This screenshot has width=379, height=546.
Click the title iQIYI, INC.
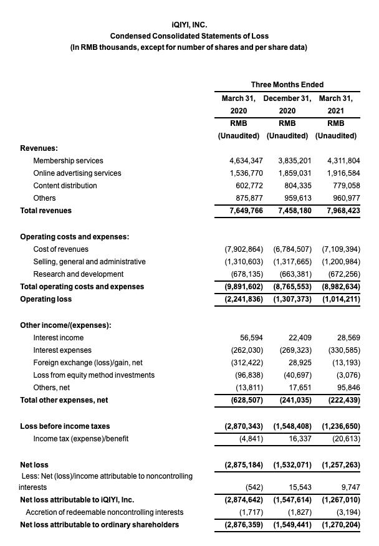(x=189, y=25)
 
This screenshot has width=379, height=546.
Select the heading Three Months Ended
(x=287, y=85)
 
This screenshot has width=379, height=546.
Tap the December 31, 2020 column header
(x=287, y=104)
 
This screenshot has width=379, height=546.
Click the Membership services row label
(x=68, y=161)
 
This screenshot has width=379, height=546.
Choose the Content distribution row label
(x=65, y=186)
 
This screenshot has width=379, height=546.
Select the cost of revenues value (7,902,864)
(x=243, y=249)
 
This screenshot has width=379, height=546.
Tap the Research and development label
(x=78, y=274)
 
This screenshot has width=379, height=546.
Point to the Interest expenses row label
(x=62, y=350)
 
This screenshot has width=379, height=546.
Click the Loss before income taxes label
(x=65, y=426)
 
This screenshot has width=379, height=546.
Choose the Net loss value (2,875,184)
(x=243, y=465)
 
